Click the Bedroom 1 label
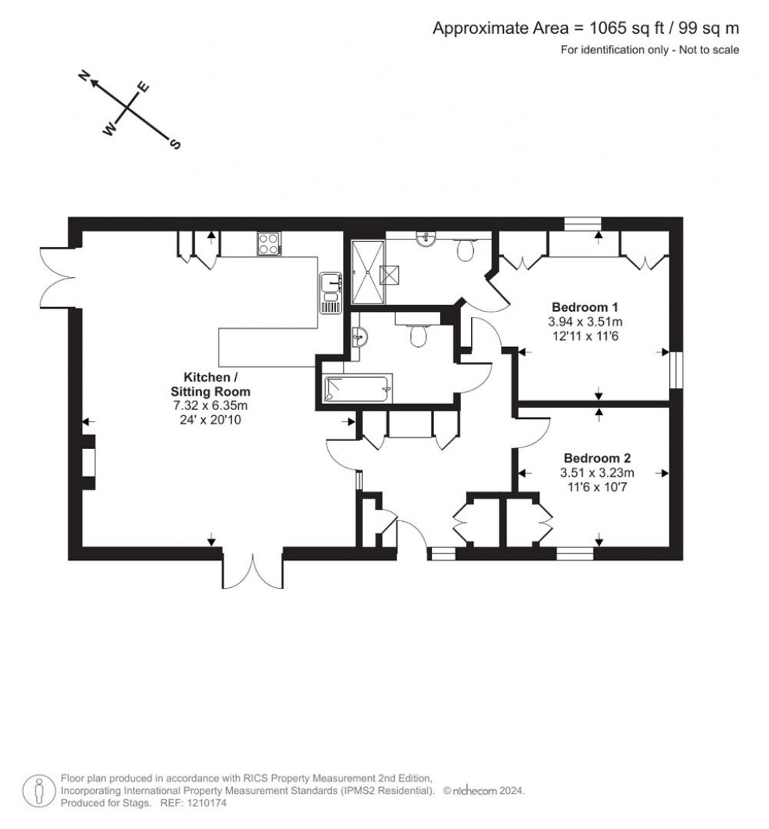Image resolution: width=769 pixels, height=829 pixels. [x=585, y=306]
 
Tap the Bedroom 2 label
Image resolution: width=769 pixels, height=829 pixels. [x=597, y=458]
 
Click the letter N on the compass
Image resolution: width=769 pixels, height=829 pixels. [x=85, y=76]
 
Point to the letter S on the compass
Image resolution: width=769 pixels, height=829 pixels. [x=176, y=144]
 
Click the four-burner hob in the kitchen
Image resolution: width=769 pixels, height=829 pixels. [x=269, y=243]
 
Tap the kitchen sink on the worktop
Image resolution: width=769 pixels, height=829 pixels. [x=330, y=293]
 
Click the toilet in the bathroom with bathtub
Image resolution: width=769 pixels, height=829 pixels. [x=418, y=335]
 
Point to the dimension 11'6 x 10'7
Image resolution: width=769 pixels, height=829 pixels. [x=597, y=487]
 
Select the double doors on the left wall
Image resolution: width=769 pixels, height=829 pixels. [x=56, y=276]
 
